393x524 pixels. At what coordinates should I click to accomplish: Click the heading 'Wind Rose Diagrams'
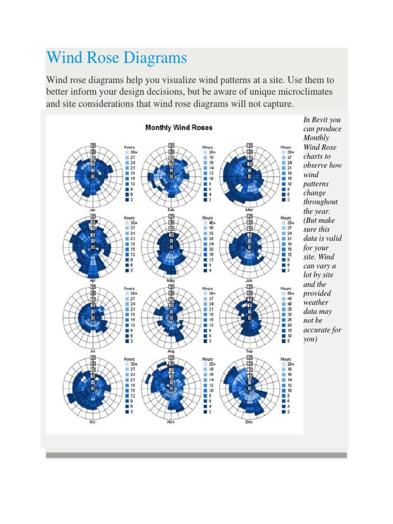pos(116,57)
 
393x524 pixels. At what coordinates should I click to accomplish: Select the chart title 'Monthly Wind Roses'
pos(179,127)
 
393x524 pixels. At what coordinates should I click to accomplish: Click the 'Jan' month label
pos(92,210)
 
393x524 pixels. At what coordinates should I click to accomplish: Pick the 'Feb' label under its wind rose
pos(171,210)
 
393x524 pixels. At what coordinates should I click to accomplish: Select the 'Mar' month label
pos(249,210)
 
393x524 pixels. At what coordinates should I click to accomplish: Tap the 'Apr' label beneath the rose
pos(93,280)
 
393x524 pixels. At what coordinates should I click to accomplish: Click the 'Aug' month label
pos(171,352)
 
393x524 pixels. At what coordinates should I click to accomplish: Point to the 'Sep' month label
pos(249,352)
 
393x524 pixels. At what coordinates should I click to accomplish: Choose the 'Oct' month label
pos(93,422)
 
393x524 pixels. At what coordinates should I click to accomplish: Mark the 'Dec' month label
pos(249,422)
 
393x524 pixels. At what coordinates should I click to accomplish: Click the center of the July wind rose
pos(93,318)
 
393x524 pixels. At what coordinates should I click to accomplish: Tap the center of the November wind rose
pos(171,388)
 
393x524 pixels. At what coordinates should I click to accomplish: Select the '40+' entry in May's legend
pos(210,223)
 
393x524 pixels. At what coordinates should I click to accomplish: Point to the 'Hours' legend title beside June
pos(286,217)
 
